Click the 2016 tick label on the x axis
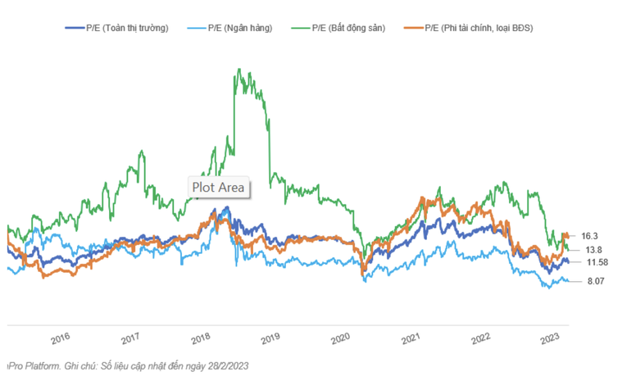[61, 338]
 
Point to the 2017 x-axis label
[130, 338]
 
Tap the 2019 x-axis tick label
[270, 338]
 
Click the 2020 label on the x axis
[341, 338]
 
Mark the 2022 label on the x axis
[481, 338]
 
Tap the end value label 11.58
[596, 262]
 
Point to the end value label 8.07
[594, 282]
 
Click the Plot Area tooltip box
[219, 187]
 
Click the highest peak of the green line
[238, 70]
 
